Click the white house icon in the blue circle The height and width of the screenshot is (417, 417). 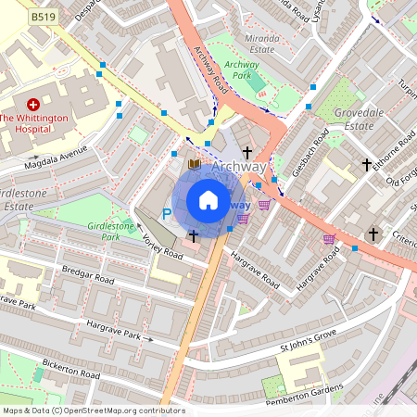[x=208, y=200]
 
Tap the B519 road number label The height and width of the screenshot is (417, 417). [x=41, y=17]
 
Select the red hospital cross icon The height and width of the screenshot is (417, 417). [x=34, y=105]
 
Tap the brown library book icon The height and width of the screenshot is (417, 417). [x=194, y=165]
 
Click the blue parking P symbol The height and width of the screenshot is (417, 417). [x=167, y=214]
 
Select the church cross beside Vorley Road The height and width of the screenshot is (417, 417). [x=193, y=236]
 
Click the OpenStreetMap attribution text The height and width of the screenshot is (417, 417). [x=93, y=411]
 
